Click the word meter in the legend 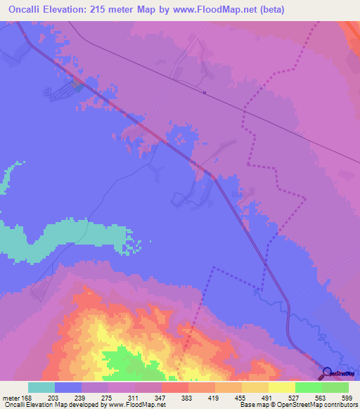coord(11,398)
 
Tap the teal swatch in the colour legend coord(41,387)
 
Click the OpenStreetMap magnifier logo coord(326,373)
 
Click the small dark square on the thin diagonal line coord(204,92)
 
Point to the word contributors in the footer coord(342,405)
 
